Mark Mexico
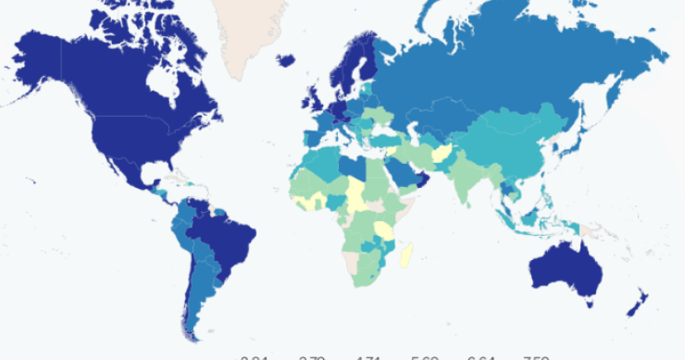pyautogui.click(x=130, y=167)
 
